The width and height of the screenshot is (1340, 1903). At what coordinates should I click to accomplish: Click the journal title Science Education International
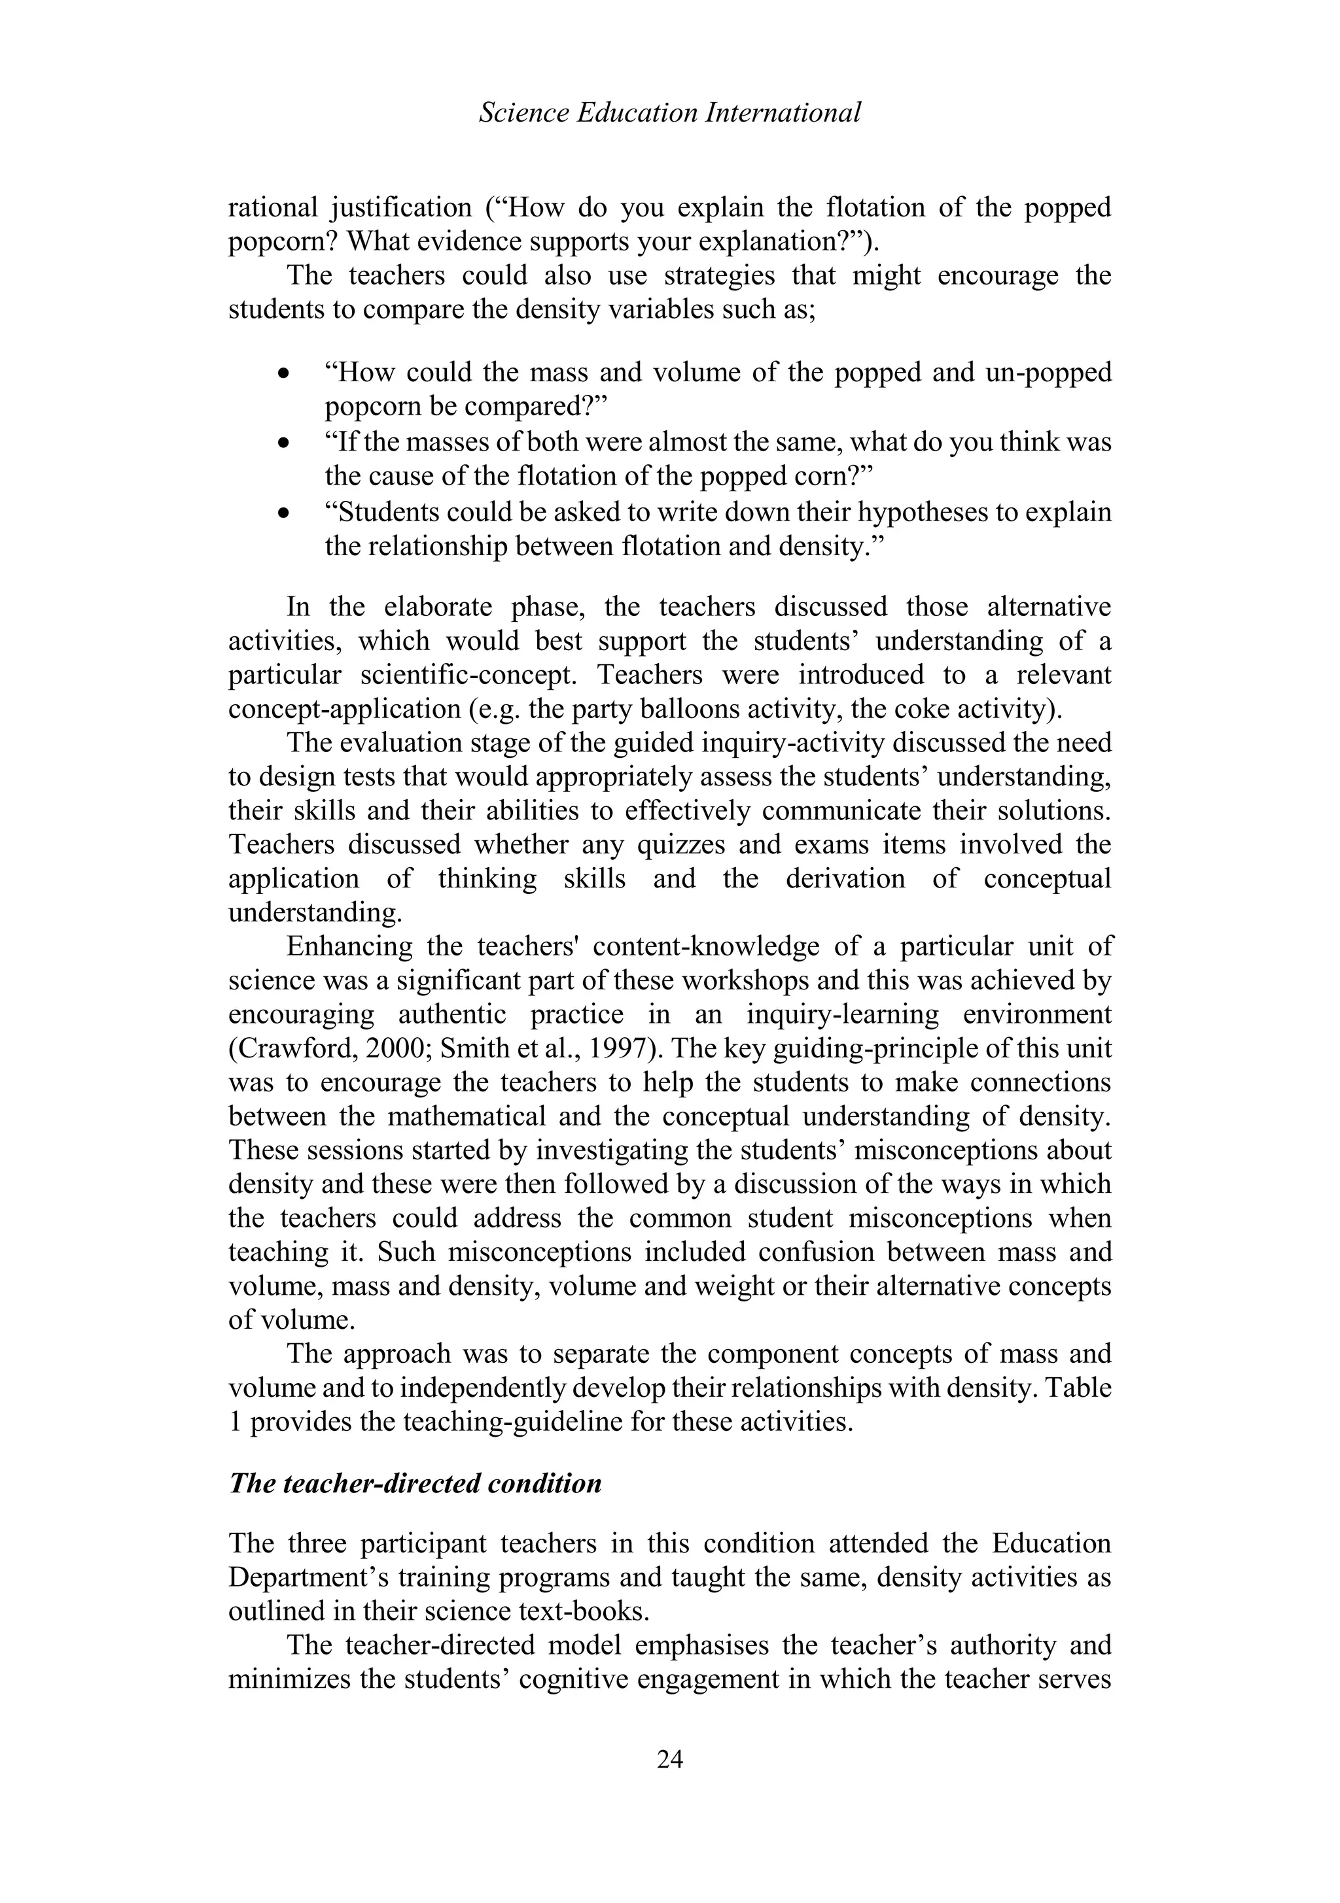point(670,112)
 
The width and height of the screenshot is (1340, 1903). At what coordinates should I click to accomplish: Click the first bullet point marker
point(285,375)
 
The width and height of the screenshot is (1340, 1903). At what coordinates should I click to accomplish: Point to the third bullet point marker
point(285,514)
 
